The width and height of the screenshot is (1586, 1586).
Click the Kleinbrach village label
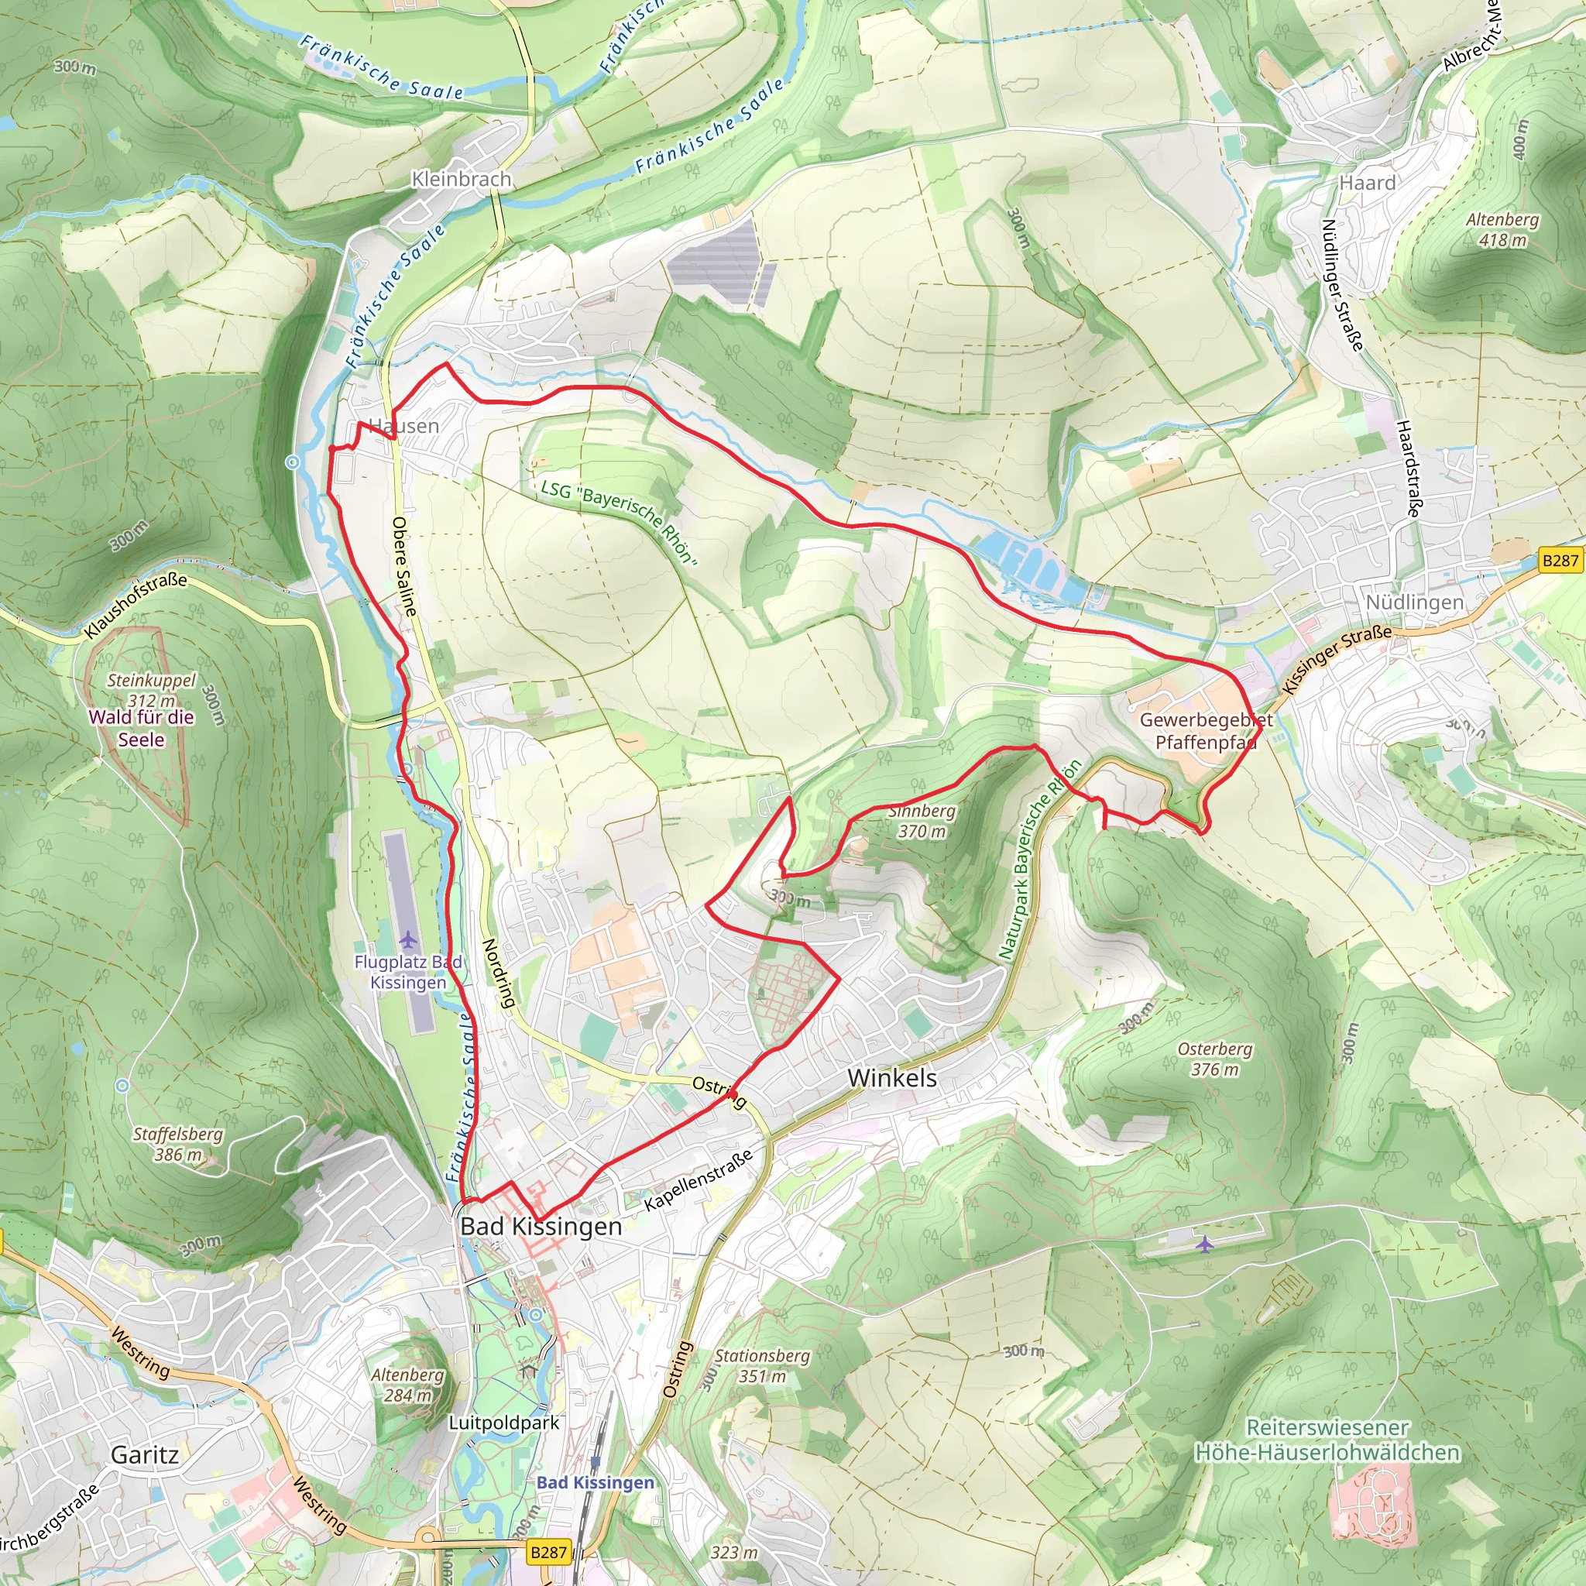(461, 179)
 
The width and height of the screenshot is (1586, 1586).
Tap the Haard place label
(1367, 183)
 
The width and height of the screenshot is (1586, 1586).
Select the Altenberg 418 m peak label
(1502, 230)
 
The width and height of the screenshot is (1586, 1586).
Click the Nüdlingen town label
(1413, 602)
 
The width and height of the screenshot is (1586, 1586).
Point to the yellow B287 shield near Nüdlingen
(1560, 560)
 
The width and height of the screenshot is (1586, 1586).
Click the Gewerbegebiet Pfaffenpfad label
(1205, 730)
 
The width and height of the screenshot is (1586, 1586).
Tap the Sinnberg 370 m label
(921, 821)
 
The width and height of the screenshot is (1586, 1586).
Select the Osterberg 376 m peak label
(1214, 1059)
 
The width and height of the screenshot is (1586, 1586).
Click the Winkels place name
(891, 1078)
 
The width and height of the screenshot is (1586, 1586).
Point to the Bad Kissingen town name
(541, 1227)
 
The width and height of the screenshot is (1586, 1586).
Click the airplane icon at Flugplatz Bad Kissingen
(408, 939)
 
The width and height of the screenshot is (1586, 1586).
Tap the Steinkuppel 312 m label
(152, 689)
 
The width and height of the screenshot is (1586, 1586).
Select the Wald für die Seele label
(141, 728)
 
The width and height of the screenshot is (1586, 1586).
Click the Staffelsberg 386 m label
(177, 1144)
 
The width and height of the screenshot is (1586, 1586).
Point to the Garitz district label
(145, 1454)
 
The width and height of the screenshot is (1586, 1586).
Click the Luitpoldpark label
(503, 1423)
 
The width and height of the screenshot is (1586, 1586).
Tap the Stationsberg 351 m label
(762, 1366)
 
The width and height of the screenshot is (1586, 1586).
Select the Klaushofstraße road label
(136, 606)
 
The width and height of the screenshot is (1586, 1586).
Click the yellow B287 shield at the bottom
(548, 1551)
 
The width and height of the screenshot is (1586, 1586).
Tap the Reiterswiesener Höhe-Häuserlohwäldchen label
(1327, 1440)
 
